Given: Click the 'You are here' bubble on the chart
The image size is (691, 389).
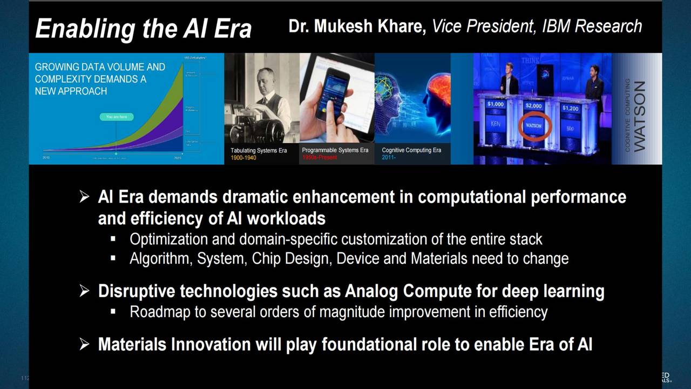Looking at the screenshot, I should tap(116, 117).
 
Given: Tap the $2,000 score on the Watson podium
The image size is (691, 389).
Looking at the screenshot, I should tap(534, 105).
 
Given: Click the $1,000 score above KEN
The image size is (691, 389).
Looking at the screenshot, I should tap(495, 104).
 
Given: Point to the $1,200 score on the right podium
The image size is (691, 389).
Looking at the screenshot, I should tap(570, 108).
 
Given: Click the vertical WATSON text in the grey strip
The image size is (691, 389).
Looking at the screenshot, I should tap(640, 116).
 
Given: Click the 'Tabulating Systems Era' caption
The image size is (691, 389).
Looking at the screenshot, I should tap(259, 150).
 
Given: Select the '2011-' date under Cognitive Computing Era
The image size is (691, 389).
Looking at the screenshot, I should tap(389, 158).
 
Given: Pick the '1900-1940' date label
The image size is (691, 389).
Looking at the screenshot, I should tap(243, 158).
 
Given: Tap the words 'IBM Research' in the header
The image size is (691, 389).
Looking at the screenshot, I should tap(592, 26).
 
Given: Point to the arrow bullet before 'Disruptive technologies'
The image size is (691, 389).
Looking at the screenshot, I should tap(84, 291).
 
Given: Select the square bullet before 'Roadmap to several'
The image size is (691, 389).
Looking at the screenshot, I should tap(113, 312).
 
